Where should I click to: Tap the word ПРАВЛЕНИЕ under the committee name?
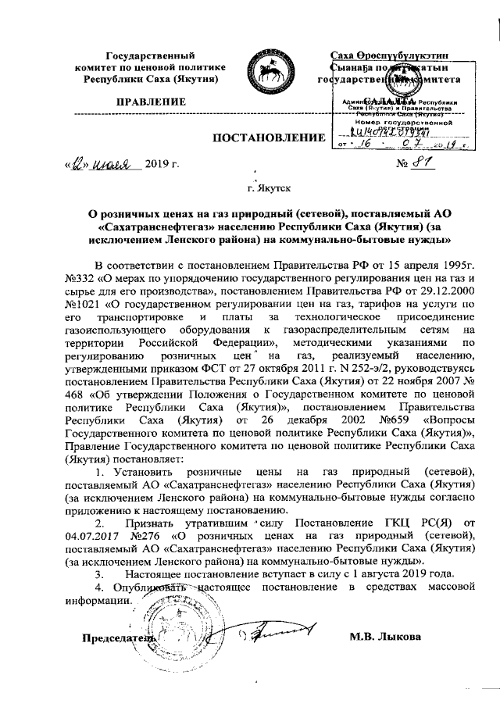tap(151, 102)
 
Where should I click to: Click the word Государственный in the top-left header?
tap(151, 55)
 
